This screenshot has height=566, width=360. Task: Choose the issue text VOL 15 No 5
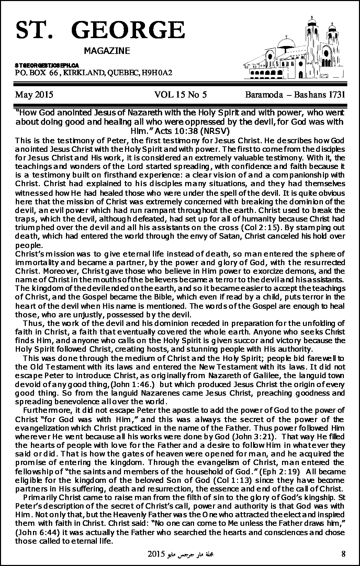pos(180,95)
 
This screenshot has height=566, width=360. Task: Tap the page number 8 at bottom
pos(344,553)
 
